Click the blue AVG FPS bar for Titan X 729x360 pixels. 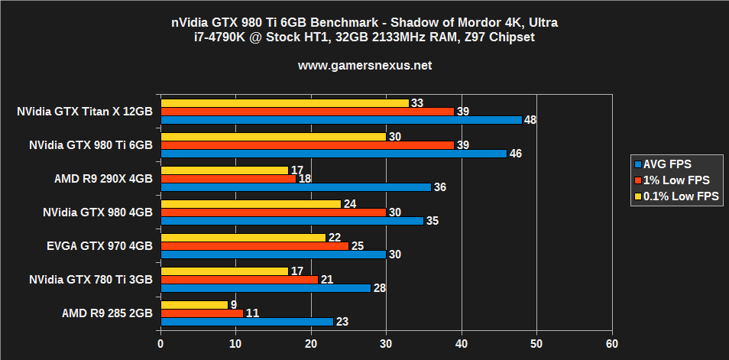341,120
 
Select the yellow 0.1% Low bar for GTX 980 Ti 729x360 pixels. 273,137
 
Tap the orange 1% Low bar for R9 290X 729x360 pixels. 228,179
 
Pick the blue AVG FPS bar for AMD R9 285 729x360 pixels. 247,322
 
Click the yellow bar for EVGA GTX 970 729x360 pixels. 243,238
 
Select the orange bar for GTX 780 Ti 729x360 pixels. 239,280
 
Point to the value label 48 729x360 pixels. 530,120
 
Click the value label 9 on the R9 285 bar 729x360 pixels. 234,305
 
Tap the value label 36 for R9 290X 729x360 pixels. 440,187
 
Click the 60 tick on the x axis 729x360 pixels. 611,345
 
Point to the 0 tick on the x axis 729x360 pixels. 160,345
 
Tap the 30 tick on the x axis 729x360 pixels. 386,345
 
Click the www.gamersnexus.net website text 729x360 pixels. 364,66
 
